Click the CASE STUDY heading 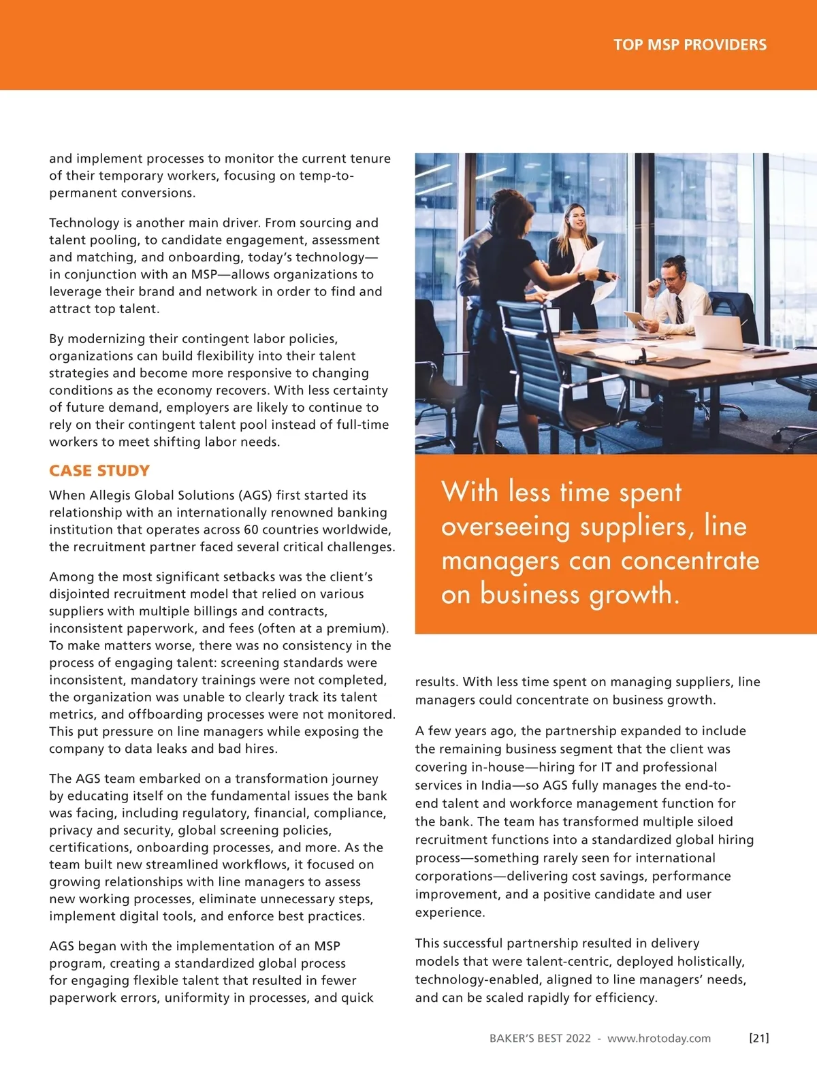(99, 471)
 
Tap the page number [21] (758, 1038)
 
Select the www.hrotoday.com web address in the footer (659, 1039)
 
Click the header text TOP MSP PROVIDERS (690, 45)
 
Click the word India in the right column (496, 785)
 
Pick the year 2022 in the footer (578, 1039)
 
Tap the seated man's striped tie (679, 310)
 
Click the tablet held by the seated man (635, 319)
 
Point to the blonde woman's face (577, 218)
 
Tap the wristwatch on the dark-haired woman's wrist (581, 277)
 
